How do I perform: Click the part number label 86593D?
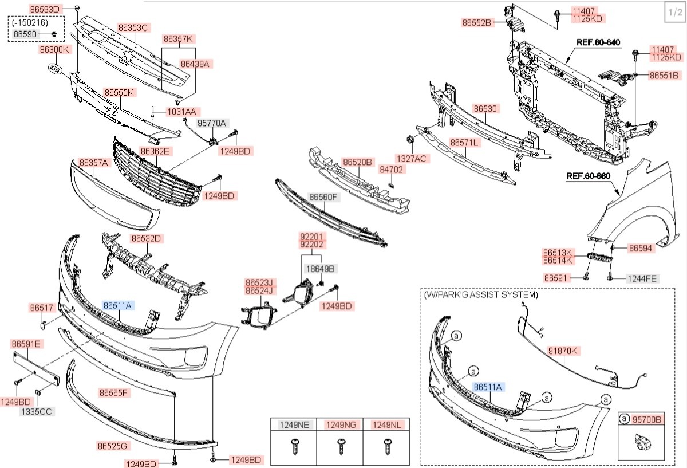click(45, 10)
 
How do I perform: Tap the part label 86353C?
click(133, 27)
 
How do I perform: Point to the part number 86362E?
click(155, 151)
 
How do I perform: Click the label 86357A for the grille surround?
click(93, 163)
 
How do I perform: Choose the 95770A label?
click(212, 123)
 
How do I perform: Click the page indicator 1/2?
click(673, 12)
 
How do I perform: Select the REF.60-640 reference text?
click(598, 42)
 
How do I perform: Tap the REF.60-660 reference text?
click(588, 176)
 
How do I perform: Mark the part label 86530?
click(485, 108)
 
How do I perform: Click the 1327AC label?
click(411, 158)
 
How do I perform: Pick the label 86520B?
click(357, 162)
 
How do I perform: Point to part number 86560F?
click(324, 198)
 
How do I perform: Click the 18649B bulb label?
click(320, 268)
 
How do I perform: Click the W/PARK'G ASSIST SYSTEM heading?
click(481, 294)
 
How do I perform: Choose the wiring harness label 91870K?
click(563, 350)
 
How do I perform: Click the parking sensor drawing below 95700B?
click(639, 442)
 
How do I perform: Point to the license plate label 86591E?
click(26, 344)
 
